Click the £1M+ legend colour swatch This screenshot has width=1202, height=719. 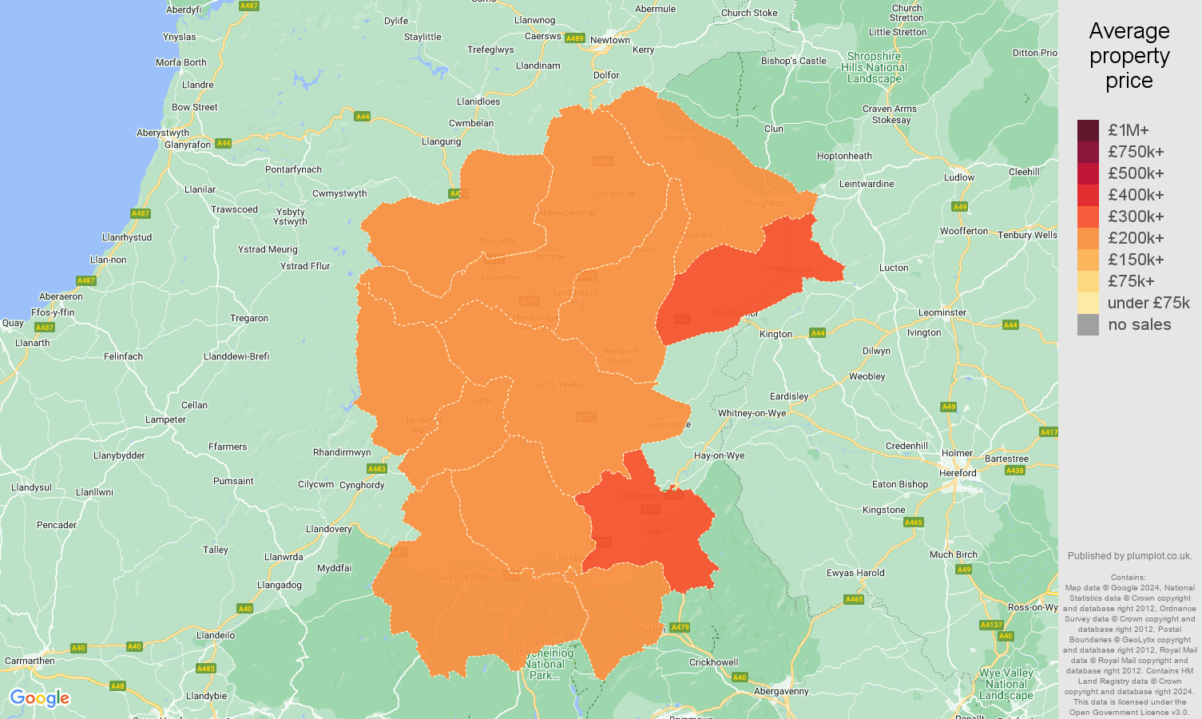(1088, 130)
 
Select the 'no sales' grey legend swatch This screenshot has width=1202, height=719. (1088, 324)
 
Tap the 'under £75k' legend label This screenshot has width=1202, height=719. (1148, 303)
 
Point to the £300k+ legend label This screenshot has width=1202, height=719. (1136, 216)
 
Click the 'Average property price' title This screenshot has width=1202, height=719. (1129, 56)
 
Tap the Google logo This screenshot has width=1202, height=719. (40, 698)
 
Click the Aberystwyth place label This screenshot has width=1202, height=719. (163, 133)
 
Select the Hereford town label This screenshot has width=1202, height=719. (958, 473)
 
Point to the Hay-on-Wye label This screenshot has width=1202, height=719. (719, 455)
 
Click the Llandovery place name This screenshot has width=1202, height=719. (329, 529)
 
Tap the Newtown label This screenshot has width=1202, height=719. (610, 40)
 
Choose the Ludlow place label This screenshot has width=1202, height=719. (958, 177)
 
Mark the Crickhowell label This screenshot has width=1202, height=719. (714, 662)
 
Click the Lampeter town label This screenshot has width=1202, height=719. (165, 419)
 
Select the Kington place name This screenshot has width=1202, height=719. (776, 334)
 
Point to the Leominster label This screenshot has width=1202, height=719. (942, 312)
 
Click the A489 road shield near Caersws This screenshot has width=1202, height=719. (574, 38)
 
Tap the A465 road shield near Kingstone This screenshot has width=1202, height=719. (913, 522)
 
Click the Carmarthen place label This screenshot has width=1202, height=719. (30, 661)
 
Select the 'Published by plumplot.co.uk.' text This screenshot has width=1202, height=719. (1129, 556)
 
